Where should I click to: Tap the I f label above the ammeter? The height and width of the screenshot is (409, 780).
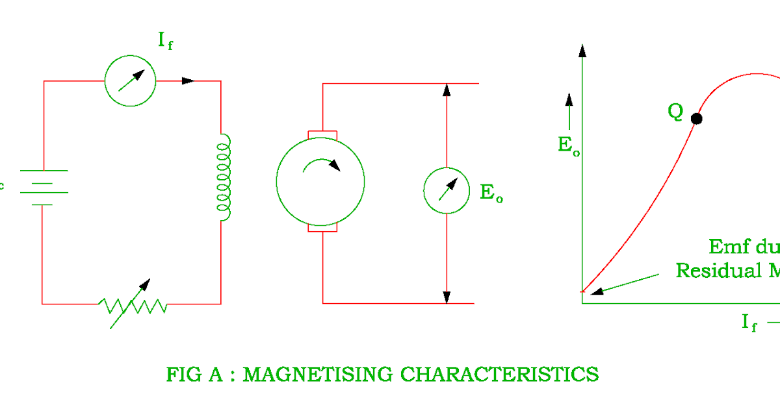point(163,41)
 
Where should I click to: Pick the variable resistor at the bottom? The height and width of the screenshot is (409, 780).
point(133,304)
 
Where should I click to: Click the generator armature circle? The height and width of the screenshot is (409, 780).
point(320,182)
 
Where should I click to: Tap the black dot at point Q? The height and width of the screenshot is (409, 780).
point(697,119)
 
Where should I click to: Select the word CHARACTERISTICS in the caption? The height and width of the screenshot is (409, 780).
point(499,375)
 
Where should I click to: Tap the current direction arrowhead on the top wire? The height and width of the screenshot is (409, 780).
point(188,81)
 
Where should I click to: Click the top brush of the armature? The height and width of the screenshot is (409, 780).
point(322,134)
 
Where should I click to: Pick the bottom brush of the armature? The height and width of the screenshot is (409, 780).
point(322,229)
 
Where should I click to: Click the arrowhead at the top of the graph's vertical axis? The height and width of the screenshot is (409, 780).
point(582,50)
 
